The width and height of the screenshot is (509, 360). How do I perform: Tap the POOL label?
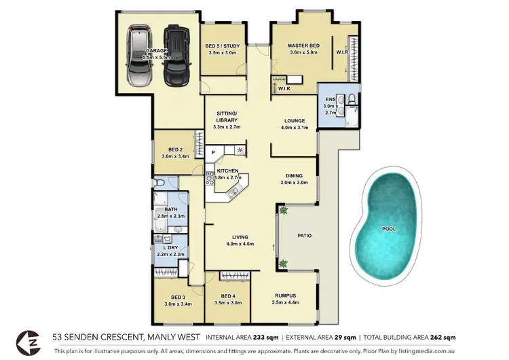(x=388, y=229)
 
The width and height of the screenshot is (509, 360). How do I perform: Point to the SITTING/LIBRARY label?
(x=227, y=117)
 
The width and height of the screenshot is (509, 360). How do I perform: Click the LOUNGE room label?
(x=295, y=120)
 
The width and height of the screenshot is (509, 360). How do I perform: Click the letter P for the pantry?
(x=212, y=151)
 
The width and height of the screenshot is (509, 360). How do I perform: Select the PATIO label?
(x=305, y=236)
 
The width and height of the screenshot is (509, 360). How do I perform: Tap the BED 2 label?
(x=175, y=149)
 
